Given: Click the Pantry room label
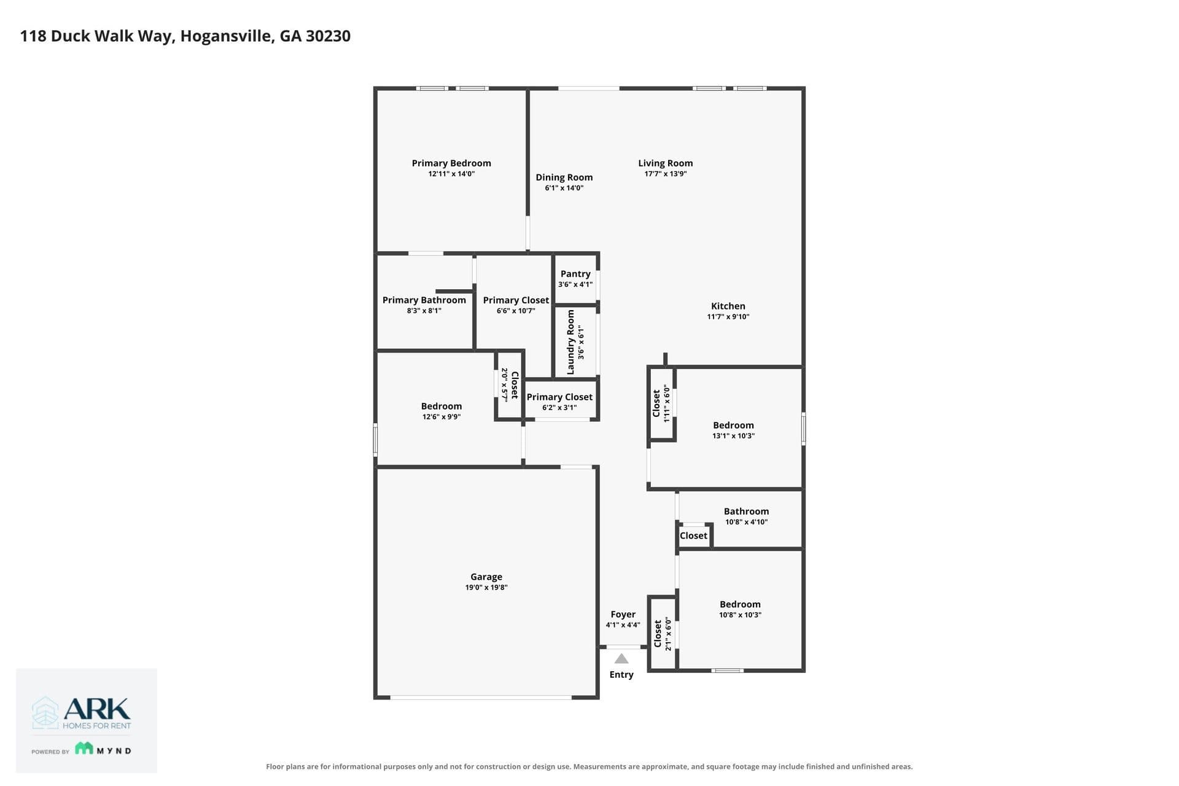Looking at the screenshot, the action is [575, 274].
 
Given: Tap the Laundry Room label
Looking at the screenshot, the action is [570, 342].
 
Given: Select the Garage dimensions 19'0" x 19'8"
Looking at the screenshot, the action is [486, 588].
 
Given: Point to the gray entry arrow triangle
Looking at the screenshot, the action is [621, 659].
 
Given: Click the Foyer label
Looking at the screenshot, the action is [623, 614].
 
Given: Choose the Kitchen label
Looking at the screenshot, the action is [728, 306].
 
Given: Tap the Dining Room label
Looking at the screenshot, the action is [564, 177].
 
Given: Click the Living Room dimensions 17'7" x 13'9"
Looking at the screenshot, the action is [666, 174].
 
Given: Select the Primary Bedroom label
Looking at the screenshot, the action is [451, 163].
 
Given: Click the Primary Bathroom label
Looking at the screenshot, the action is [424, 300].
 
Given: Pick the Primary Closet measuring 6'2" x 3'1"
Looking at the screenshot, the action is [559, 397].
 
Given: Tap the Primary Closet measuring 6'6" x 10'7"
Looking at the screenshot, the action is [516, 300].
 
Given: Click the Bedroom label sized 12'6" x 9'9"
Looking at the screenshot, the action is [442, 406].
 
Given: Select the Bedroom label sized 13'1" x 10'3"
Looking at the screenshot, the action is [733, 425].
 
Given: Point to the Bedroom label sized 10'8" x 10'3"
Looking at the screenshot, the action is [740, 604].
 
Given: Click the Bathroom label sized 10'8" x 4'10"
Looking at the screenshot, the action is [746, 511].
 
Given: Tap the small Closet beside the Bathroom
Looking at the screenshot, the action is [693, 535].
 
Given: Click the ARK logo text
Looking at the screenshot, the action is [97, 709].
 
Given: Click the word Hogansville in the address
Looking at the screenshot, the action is [227, 36].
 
